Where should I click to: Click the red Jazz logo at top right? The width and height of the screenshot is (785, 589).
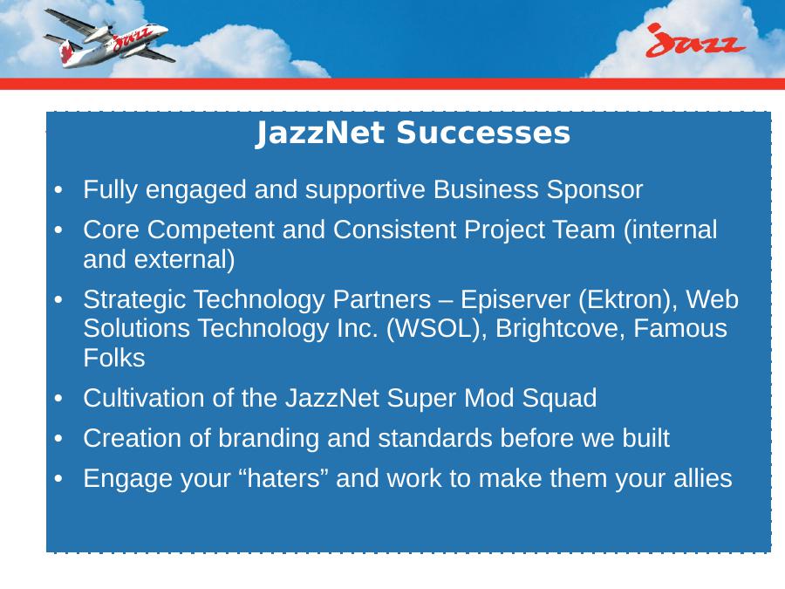point(695,40)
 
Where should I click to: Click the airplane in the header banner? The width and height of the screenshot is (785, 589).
point(109,38)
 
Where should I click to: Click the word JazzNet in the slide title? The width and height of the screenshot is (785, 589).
point(320,134)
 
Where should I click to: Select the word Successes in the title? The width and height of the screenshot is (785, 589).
point(483,134)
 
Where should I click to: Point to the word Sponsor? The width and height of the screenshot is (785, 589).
point(594,190)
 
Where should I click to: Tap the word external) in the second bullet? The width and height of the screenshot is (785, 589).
point(184,260)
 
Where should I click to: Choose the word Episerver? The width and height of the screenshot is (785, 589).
point(515,300)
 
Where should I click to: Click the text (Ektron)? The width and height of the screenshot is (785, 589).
point(628,300)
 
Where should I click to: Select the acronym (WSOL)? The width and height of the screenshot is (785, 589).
point(436,329)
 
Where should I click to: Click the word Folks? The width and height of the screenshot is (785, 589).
point(114,358)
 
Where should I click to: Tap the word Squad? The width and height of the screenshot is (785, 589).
point(559,398)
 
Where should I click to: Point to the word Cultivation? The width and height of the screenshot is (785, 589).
point(143,398)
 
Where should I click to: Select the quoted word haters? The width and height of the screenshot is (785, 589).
point(283,478)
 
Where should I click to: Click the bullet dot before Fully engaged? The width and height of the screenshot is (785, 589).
point(58,191)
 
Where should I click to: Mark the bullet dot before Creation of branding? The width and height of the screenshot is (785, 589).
point(58,439)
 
